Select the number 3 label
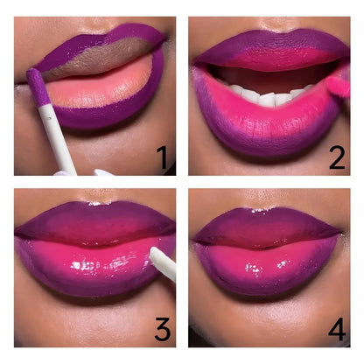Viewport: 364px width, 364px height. tap(161, 329)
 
